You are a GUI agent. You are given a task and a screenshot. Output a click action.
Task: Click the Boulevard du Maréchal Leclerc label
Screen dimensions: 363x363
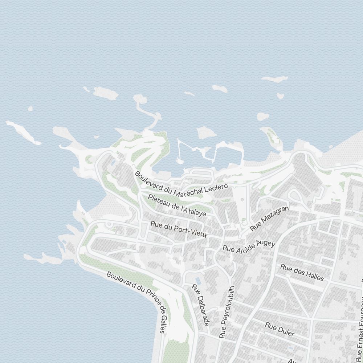[181, 185]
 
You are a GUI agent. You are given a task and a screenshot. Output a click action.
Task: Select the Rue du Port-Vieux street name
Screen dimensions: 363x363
[179, 230]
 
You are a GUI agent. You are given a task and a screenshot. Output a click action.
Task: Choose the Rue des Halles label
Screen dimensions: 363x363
[302, 272]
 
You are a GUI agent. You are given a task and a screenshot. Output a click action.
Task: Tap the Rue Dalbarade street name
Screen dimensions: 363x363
[201, 304]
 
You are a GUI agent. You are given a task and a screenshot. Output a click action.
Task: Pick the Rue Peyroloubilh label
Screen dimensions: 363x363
[227, 312]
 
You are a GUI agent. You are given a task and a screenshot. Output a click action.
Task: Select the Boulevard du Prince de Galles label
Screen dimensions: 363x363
[138, 301]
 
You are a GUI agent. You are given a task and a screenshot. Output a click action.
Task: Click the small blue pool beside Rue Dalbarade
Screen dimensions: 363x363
[198, 281]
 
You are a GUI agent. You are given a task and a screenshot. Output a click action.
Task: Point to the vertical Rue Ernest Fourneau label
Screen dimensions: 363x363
[360, 327]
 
